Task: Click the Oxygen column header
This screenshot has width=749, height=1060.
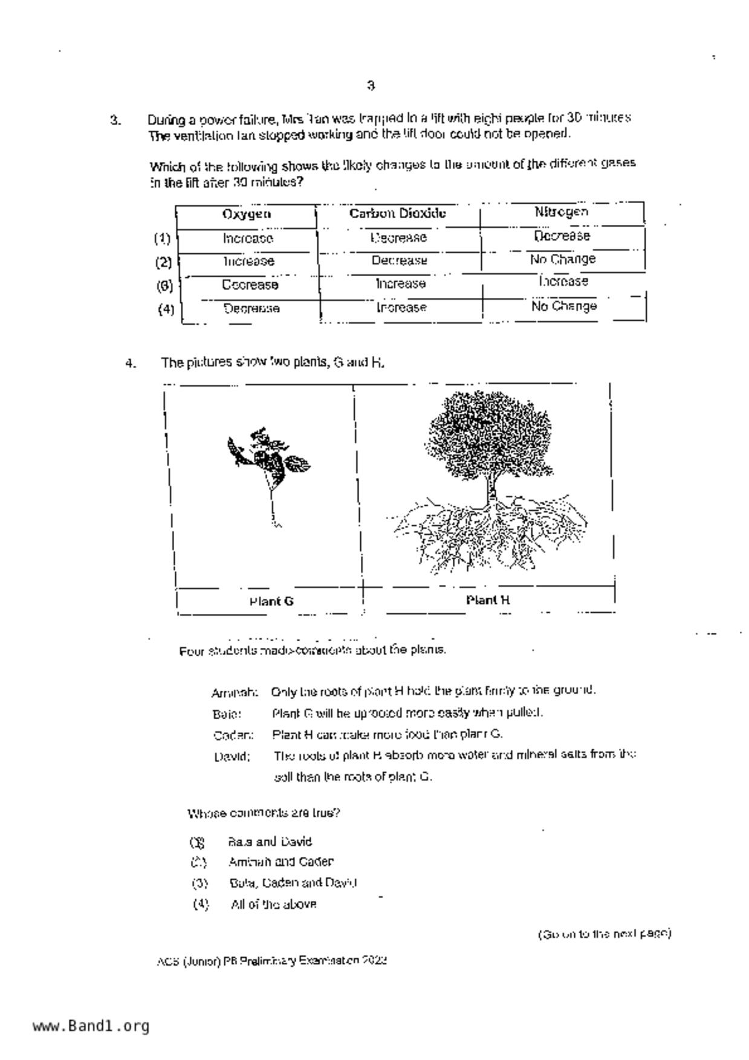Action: click(247, 214)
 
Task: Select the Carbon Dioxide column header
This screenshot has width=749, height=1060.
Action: click(398, 213)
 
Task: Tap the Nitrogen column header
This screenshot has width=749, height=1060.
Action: click(561, 212)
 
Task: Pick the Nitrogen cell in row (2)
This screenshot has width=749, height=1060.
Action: click(563, 259)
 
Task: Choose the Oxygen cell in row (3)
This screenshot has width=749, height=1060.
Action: click(250, 285)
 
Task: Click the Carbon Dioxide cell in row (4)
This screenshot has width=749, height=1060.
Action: click(401, 308)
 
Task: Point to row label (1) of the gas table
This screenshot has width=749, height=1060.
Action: click(162, 238)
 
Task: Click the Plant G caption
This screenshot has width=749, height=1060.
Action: click(271, 601)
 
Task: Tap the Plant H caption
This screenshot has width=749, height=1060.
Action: click(488, 600)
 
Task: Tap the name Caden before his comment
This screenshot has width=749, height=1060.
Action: click(233, 735)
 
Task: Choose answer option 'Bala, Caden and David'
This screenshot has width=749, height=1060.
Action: click(293, 883)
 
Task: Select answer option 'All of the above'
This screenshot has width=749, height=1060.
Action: click(273, 905)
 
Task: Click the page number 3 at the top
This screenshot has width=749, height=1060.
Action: click(371, 86)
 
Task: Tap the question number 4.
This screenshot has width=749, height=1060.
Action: click(131, 363)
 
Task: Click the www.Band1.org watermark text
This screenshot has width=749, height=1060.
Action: click(91, 1026)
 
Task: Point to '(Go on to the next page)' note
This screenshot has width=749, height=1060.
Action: click(605, 934)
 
